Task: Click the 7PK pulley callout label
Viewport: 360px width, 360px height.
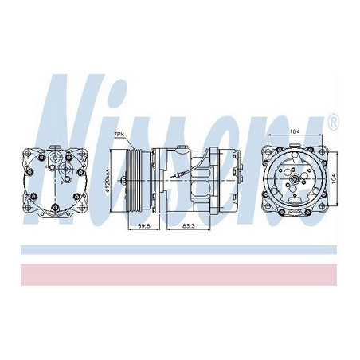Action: click(119, 135)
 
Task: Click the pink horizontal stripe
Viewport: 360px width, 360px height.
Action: click(180, 274)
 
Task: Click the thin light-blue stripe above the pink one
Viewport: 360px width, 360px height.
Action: click(180, 249)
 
